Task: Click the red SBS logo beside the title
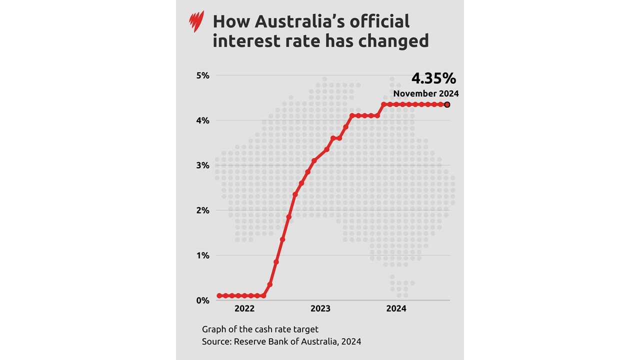197,22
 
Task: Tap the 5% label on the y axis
202,75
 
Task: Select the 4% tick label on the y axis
202,120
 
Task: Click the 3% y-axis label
202,165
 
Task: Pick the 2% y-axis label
202,210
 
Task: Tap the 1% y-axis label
202,255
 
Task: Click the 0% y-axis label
202,300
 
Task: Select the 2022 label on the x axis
244,309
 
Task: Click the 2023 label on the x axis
320,309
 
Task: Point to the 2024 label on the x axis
396,309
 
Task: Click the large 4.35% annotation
433,78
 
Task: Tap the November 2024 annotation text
425,93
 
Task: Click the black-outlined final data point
447,104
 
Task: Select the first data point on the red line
219,296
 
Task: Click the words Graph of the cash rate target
260,329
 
